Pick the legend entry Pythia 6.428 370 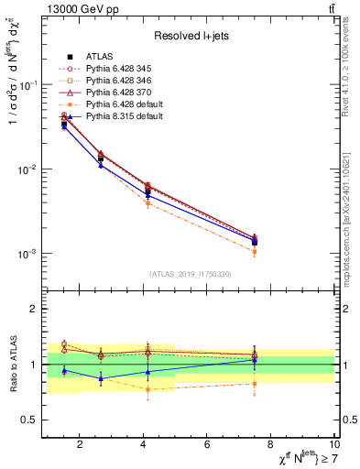click(118, 93)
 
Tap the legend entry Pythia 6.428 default click(123, 104)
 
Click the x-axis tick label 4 click(144, 445)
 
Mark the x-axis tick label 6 click(207, 445)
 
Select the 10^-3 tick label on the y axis click(27, 254)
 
